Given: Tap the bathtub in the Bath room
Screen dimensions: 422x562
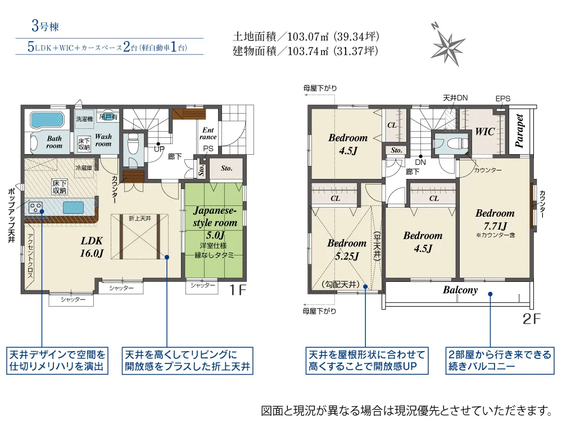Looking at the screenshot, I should click(46, 121).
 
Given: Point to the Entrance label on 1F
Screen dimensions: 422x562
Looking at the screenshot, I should click(208, 133).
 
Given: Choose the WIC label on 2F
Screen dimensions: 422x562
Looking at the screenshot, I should click(484, 132).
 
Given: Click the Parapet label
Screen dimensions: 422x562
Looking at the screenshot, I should click(519, 131).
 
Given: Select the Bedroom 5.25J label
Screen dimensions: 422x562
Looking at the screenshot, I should click(346, 250).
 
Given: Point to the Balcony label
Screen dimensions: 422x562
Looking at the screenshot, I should click(460, 290).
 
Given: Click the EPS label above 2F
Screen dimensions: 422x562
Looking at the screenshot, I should click(503, 98).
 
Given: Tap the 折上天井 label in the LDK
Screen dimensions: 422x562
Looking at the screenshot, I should click(139, 218).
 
